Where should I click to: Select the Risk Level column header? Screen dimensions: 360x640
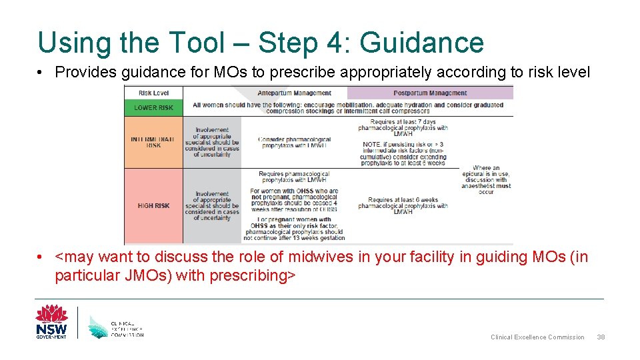pos(153,93)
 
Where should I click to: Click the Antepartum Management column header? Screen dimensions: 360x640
pos(294,93)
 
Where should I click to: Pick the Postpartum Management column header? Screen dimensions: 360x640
pos(430,93)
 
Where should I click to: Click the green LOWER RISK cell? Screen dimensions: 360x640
pos(153,107)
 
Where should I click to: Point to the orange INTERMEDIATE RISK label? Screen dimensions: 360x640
pos(153,142)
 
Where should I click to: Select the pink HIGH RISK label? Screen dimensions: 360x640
pos(153,206)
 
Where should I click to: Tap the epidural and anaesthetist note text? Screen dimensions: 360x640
pos(486,180)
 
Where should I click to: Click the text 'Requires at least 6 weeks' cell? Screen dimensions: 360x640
pos(403,205)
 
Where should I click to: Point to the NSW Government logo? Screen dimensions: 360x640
pos(51,322)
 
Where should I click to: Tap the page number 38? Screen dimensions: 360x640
pos(601,337)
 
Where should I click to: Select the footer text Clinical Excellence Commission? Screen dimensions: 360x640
pos(537,337)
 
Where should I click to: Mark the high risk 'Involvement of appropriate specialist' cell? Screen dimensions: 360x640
pos(212,206)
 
